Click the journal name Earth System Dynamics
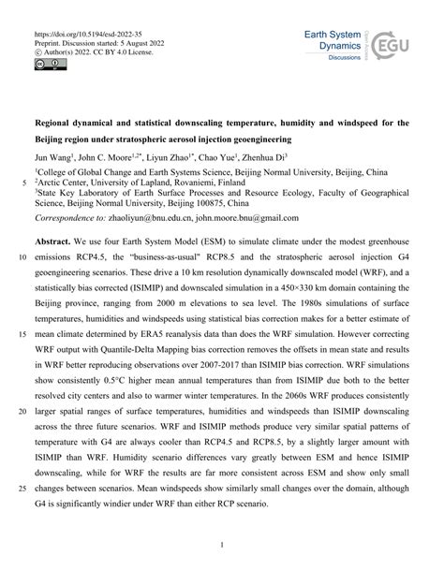(334, 41)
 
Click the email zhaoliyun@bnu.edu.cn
(148, 217)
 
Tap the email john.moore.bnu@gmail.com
(245, 217)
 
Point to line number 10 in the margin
(22, 256)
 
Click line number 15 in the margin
(22, 333)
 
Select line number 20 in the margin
(22, 410)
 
